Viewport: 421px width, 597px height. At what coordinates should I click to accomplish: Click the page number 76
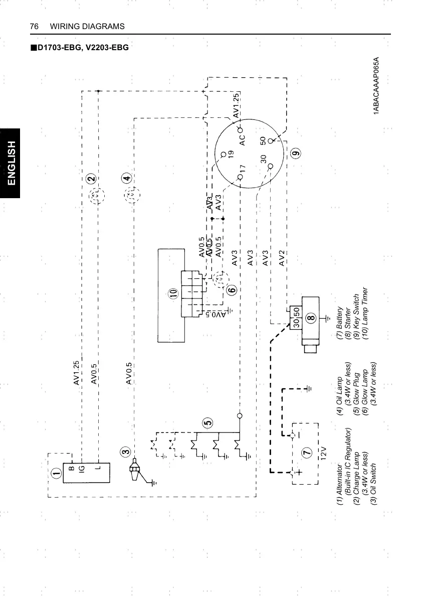click(35, 26)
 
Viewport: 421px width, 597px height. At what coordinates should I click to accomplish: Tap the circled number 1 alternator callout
click(56, 473)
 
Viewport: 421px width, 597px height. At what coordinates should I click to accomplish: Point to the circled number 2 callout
click(91, 179)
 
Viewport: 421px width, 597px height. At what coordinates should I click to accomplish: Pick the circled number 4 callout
click(126, 178)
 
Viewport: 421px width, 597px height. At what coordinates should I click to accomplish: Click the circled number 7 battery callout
click(306, 453)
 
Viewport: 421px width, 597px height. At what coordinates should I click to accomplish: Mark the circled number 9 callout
click(295, 154)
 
